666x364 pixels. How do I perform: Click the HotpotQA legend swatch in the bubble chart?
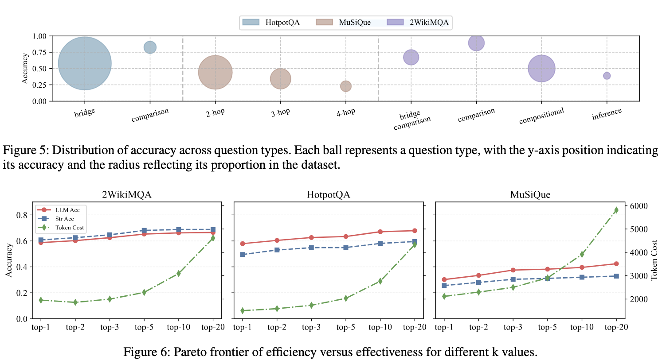(251, 22)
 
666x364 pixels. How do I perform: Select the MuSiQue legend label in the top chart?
(355, 22)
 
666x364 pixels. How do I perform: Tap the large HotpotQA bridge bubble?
(85, 63)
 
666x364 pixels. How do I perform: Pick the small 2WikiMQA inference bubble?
(607, 76)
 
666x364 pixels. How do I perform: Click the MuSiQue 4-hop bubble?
(346, 86)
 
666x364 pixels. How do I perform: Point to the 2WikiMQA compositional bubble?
(541, 69)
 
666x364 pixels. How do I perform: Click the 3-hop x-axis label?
(280, 112)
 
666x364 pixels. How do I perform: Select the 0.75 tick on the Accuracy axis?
(39, 52)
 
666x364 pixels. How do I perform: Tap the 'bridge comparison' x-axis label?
(411, 120)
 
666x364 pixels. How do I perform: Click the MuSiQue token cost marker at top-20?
(616, 210)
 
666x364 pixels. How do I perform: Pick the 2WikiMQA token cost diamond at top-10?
(179, 274)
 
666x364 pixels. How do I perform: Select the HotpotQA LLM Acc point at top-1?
(243, 244)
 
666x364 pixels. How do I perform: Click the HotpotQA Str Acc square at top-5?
(346, 248)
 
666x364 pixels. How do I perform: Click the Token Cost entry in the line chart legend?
(70, 228)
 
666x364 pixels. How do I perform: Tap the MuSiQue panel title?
(530, 195)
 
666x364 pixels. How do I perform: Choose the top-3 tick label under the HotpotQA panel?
(311, 327)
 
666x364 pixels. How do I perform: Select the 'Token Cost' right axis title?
(654, 260)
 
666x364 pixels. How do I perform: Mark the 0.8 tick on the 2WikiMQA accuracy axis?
(22, 215)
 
